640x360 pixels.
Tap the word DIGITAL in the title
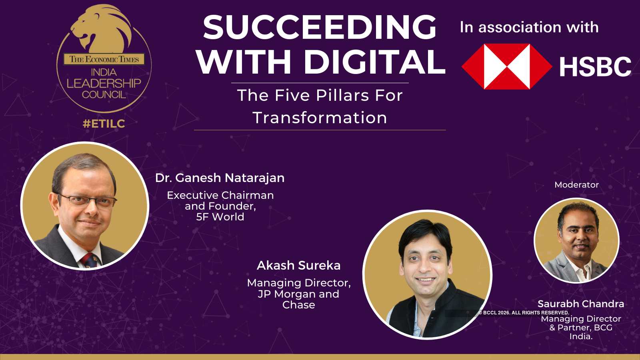[x=374, y=62]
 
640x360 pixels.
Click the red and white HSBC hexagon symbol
[x=507, y=66]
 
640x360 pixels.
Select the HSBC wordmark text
[x=595, y=66]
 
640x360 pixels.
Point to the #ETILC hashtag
[x=104, y=124]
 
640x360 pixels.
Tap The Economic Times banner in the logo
[x=104, y=59]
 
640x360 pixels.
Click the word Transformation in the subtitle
[x=320, y=118]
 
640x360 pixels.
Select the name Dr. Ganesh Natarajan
[x=220, y=178]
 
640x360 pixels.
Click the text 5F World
[x=220, y=217]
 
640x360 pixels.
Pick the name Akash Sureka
[x=298, y=266]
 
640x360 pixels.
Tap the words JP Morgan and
[x=298, y=294]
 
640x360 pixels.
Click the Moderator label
[x=576, y=185]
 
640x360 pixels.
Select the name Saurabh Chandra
[x=580, y=304]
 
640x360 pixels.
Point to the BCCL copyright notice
[x=524, y=312]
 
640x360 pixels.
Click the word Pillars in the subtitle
[x=342, y=95]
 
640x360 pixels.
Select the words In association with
[x=529, y=28]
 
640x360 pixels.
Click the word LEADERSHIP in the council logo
[x=104, y=83]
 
